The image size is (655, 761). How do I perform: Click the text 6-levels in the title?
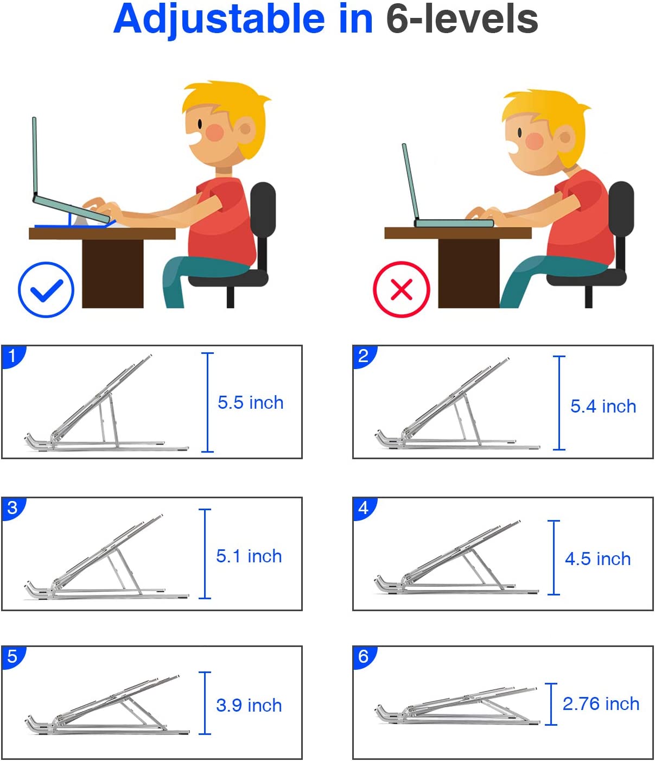pos(462,19)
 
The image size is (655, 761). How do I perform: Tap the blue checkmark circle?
pos(46,290)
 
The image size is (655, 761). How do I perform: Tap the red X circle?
pos(402,289)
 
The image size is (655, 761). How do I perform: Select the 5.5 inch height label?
pos(250,402)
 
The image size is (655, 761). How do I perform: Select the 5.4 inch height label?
pos(603,407)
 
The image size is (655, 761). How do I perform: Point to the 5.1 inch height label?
pos(249,556)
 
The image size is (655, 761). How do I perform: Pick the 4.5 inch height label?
pos(598,559)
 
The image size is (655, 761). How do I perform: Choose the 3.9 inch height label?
pos(249,705)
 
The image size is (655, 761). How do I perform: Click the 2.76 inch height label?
pos(601,703)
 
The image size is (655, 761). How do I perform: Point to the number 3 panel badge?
pos(13,509)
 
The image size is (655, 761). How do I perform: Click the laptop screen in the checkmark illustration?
pos(35,156)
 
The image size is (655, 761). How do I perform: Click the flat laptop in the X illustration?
pos(454,223)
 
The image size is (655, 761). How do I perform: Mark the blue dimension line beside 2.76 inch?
pos(551,704)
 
